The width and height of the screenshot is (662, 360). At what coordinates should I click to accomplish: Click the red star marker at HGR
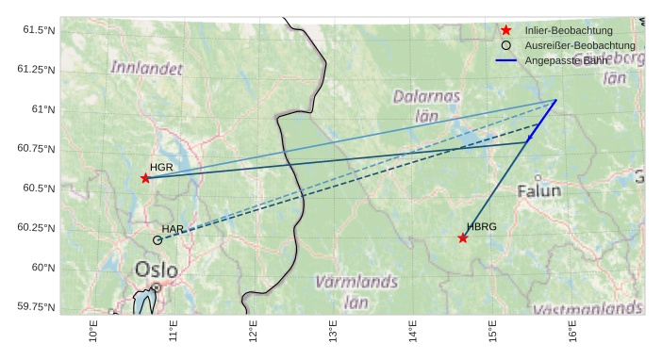[145, 178]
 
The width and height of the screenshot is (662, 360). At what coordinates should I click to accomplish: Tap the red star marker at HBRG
[463, 237]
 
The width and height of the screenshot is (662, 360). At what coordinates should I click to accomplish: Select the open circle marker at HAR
[157, 240]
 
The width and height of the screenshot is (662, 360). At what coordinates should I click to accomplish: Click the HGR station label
[161, 167]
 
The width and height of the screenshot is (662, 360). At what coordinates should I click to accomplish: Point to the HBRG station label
[481, 227]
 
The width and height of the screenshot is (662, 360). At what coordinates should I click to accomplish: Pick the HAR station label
[173, 229]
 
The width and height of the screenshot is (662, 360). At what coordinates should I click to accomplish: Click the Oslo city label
[156, 270]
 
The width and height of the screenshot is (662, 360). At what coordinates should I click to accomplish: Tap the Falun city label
[538, 190]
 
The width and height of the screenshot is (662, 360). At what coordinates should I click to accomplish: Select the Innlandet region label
[146, 68]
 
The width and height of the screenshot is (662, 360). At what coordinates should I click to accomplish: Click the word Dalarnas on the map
[426, 96]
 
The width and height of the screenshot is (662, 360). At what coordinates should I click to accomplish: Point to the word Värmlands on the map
[356, 282]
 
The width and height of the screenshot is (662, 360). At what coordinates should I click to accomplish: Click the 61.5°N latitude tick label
[39, 30]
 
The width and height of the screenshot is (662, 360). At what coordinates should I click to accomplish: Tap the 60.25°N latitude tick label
[36, 228]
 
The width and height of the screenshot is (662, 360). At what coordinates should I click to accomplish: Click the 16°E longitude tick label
[573, 332]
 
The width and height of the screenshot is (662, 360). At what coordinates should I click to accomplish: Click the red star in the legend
[506, 30]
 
